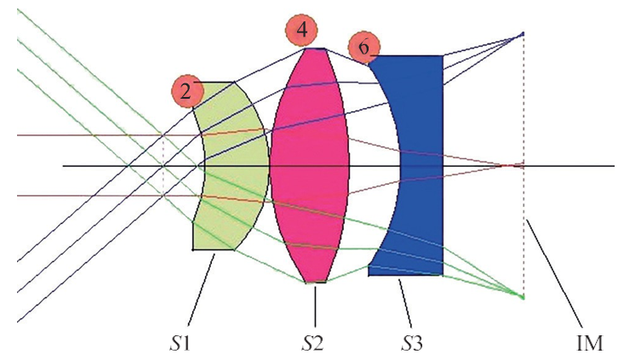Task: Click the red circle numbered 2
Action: tap(187, 91)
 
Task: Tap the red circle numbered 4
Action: tap(302, 31)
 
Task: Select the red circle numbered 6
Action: tap(364, 48)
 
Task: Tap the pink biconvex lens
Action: tap(310, 165)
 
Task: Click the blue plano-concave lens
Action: tap(422, 165)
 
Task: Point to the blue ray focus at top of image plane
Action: tap(523, 34)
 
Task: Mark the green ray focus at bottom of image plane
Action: tap(523, 297)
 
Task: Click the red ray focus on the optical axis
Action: tap(520, 165)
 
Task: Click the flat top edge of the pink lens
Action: tap(316, 49)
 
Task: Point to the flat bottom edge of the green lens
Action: tap(214, 250)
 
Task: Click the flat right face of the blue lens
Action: tap(443, 165)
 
